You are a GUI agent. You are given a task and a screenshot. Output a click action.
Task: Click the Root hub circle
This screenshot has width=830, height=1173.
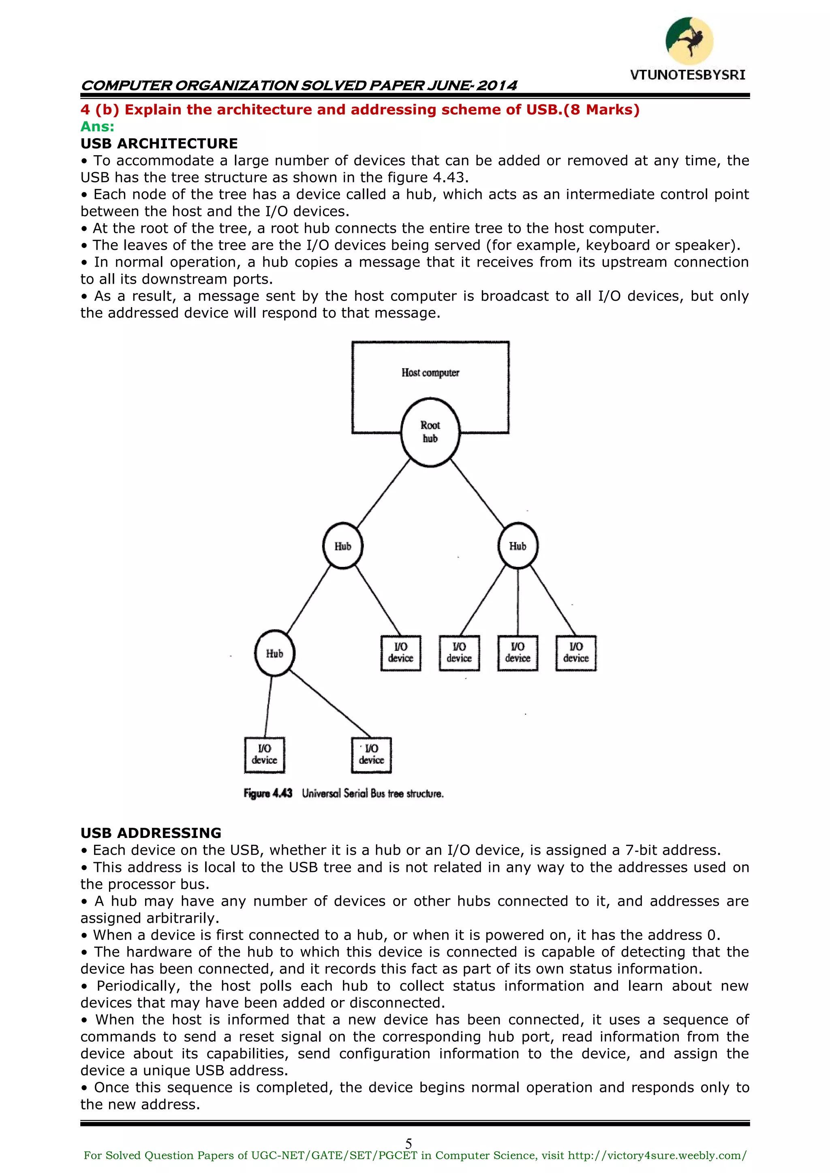pos(430,432)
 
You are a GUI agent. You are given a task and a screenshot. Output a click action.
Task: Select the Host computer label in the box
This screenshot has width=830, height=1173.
pos(430,372)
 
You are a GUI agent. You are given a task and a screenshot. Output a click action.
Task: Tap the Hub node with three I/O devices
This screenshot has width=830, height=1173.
pos(518,546)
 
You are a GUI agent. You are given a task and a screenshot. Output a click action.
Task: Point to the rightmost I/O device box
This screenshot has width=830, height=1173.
pos(576,653)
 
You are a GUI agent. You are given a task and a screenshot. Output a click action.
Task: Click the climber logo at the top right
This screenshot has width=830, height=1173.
pos(689,41)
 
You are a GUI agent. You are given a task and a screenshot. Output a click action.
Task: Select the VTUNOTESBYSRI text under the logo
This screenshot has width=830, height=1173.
pos(687,75)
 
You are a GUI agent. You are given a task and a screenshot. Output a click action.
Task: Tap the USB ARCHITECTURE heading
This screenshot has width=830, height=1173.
pos(159,143)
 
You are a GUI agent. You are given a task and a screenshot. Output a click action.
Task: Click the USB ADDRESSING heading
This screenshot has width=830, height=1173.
pos(151,833)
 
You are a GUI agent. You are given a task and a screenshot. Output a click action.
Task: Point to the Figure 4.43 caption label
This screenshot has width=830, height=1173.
pos(268,793)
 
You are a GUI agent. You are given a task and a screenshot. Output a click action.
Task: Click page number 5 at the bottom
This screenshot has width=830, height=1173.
pos(409,1143)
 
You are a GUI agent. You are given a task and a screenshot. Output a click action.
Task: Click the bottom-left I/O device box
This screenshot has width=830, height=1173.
pos(264,754)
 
